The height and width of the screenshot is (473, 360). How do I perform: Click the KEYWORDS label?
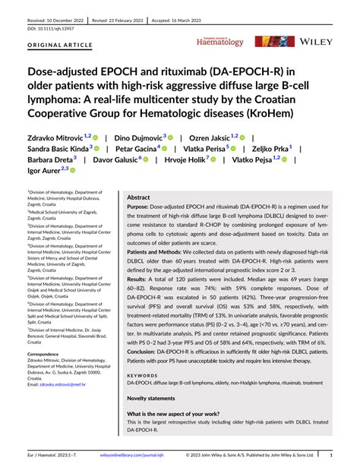pyautogui.click(x=142, y=374)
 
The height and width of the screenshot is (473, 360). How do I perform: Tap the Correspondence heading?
pyautogui.click(x=47, y=354)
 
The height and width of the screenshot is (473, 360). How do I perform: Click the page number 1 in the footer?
pyautogui.click(x=331, y=455)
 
